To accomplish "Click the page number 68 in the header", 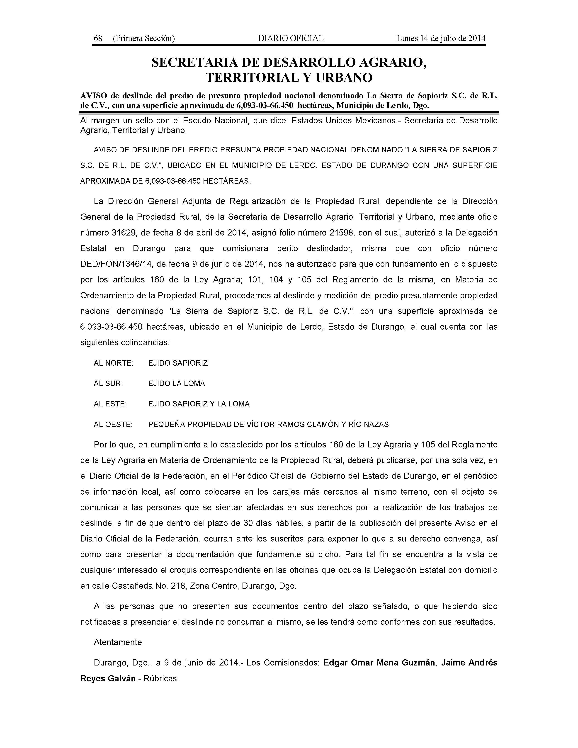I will point(98,38).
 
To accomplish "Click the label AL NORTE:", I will point(113,363).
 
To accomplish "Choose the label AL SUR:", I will point(108,384).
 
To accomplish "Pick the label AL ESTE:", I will point(110,404).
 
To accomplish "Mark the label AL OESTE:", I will point(113,425).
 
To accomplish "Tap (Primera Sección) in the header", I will point(144,38).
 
